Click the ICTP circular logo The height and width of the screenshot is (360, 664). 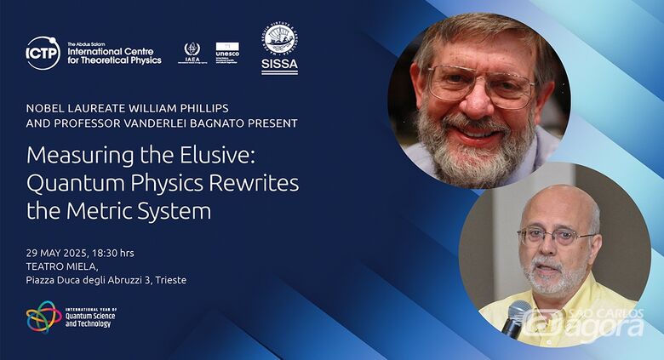click(43, 53)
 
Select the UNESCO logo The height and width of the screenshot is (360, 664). click(227, 53)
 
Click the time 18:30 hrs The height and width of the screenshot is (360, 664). click(112, 253)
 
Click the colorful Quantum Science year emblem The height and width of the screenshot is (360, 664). click(43, 317)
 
